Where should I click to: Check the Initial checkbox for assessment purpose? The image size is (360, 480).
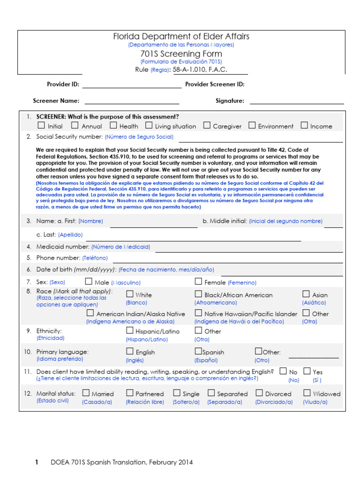tap(41, 125)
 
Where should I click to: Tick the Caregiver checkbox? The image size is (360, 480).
tap(207, 125)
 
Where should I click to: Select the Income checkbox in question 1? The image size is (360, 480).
tap(304, 125)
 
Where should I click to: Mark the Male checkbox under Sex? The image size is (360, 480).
tap(89, 281)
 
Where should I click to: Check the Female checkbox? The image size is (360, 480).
tap(198, 281)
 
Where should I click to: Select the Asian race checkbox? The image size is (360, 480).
tap(306, 294)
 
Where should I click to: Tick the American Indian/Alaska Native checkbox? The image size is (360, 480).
tap(90, 313)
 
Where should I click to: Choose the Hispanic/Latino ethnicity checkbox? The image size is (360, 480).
tap(130, 330)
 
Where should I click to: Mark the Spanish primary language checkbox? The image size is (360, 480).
tap(198, 351)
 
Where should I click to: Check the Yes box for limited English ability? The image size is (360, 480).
tap(307, 371)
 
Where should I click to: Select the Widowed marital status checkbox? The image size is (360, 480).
tap(307, 393)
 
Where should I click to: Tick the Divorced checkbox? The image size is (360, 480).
tap(259, 393)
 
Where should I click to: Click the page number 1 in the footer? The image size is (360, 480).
tap(37, 462)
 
